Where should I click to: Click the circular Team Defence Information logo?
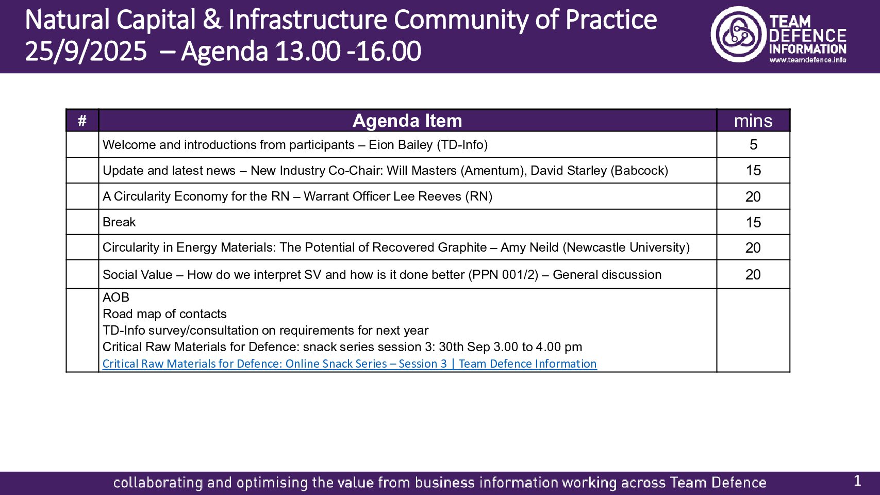point(738,35)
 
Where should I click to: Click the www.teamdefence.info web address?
point(807,60)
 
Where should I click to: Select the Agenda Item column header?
point(407,121)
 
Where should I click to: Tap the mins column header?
point(753,121)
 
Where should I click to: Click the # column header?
point(82,121)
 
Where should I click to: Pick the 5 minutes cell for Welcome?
point(753,145)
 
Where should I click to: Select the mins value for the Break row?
point(753,222)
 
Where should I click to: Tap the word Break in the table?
point(119,222)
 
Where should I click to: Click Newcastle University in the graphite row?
point(626,247)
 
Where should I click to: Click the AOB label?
point(116,298)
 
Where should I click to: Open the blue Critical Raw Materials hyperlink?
point(350,364)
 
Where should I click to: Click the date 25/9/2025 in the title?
point(86,52)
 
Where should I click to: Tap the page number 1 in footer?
point(857,481)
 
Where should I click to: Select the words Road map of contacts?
point(164,314)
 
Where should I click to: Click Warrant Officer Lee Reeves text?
point(383,196)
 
